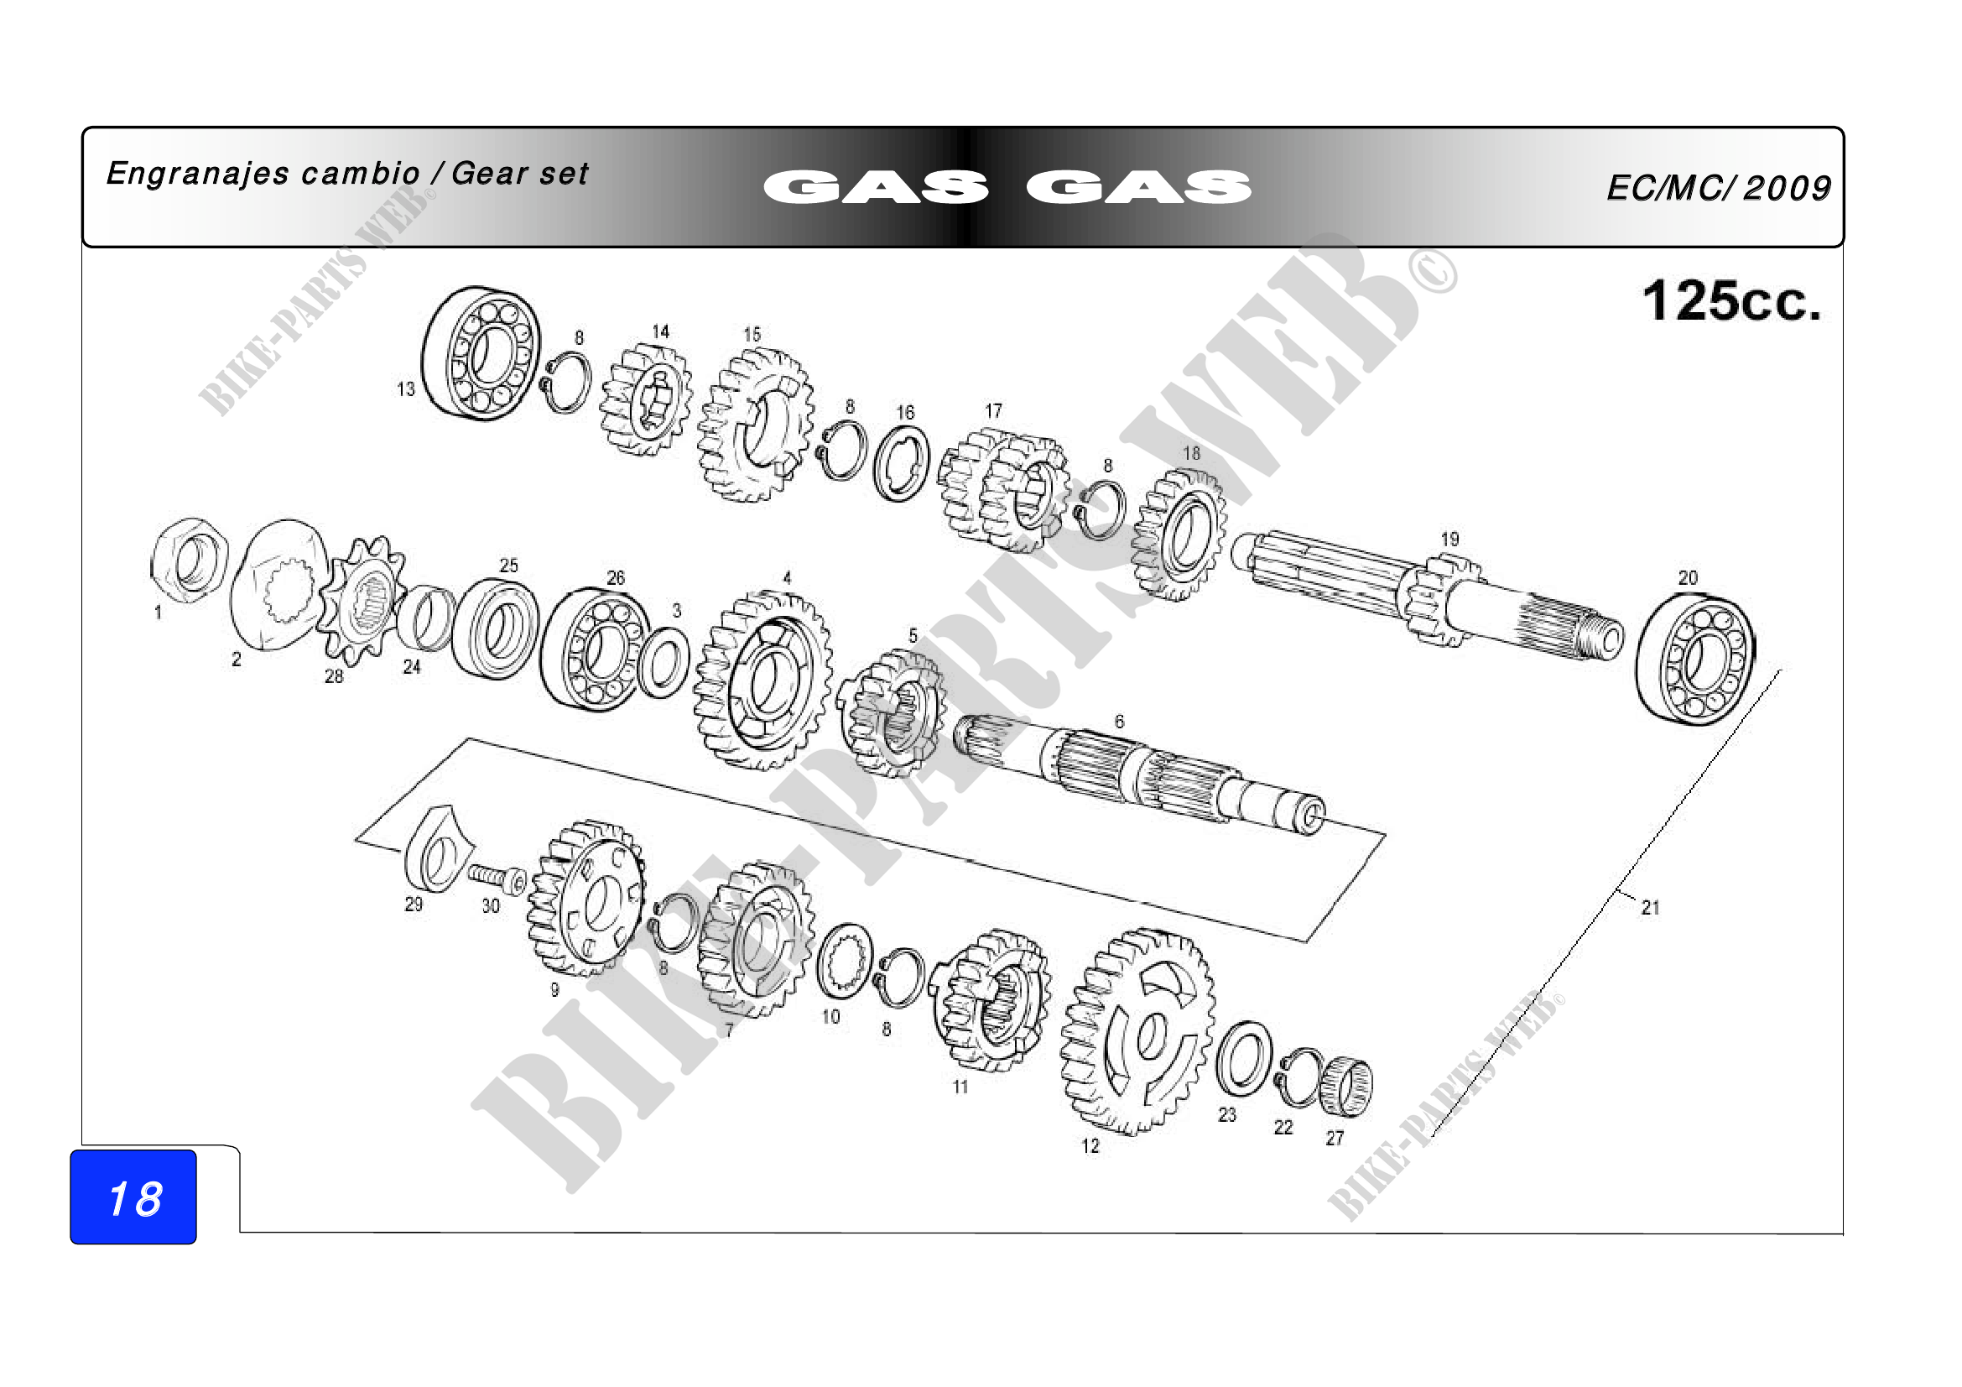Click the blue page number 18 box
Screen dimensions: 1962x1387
pyautogui.click(x=133, y=1197)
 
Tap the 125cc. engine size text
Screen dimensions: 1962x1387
pyautogui.click(x=1731, y=301)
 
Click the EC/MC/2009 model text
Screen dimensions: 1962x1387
pyautogui.click(x=1719, y=188)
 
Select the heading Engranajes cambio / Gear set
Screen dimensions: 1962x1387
pyautogui.click(x=348, y=174)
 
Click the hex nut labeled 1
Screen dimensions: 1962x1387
pyautogui.click(x=189, y=561)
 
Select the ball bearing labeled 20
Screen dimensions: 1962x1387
pyautogui.click(x=1695, y=660)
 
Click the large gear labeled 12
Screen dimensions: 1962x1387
pyautogui.click(x=1137, y=1031)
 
